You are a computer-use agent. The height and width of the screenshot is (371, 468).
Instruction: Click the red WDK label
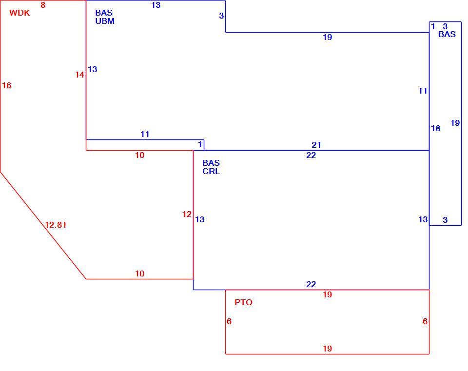(x=19, y=13)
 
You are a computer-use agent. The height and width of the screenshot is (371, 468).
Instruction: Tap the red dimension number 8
(x=43, y=5)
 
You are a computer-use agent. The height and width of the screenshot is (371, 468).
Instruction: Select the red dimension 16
(x=6, y=85)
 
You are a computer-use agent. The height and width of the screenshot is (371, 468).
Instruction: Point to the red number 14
(x=79, y=75)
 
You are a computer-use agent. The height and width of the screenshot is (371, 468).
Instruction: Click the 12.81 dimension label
(x=56, y=225)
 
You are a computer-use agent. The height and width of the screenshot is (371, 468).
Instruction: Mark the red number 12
(x=187, y=214)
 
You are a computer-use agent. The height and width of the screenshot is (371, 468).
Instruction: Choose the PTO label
(x=244, y=302)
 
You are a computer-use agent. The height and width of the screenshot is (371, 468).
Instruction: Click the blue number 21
(x=316, y=145)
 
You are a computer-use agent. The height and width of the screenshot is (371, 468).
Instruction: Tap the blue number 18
(x=436, y=128)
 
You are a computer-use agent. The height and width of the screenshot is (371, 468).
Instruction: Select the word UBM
(x=105, y=21)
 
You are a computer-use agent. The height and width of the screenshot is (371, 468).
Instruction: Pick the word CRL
(x=211, y=171)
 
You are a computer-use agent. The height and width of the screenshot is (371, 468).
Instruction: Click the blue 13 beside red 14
(x=93, y=69)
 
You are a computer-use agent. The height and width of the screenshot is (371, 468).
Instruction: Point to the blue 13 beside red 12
(x=200, y=219)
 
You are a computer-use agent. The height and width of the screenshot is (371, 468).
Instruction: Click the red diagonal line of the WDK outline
(x=43, y=225)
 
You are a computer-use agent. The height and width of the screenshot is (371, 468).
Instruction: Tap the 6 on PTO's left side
(x=229, y=321)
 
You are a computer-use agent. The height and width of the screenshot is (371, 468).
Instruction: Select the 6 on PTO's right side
(x=425, y=321)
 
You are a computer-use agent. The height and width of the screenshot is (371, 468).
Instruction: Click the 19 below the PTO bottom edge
(x=328, y=348)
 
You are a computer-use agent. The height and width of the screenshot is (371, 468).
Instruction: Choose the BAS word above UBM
(x=104, y=13)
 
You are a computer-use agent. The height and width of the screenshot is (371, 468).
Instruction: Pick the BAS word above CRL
(x=211, y=163)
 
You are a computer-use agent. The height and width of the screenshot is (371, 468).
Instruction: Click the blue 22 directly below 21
(x=311, y=155)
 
